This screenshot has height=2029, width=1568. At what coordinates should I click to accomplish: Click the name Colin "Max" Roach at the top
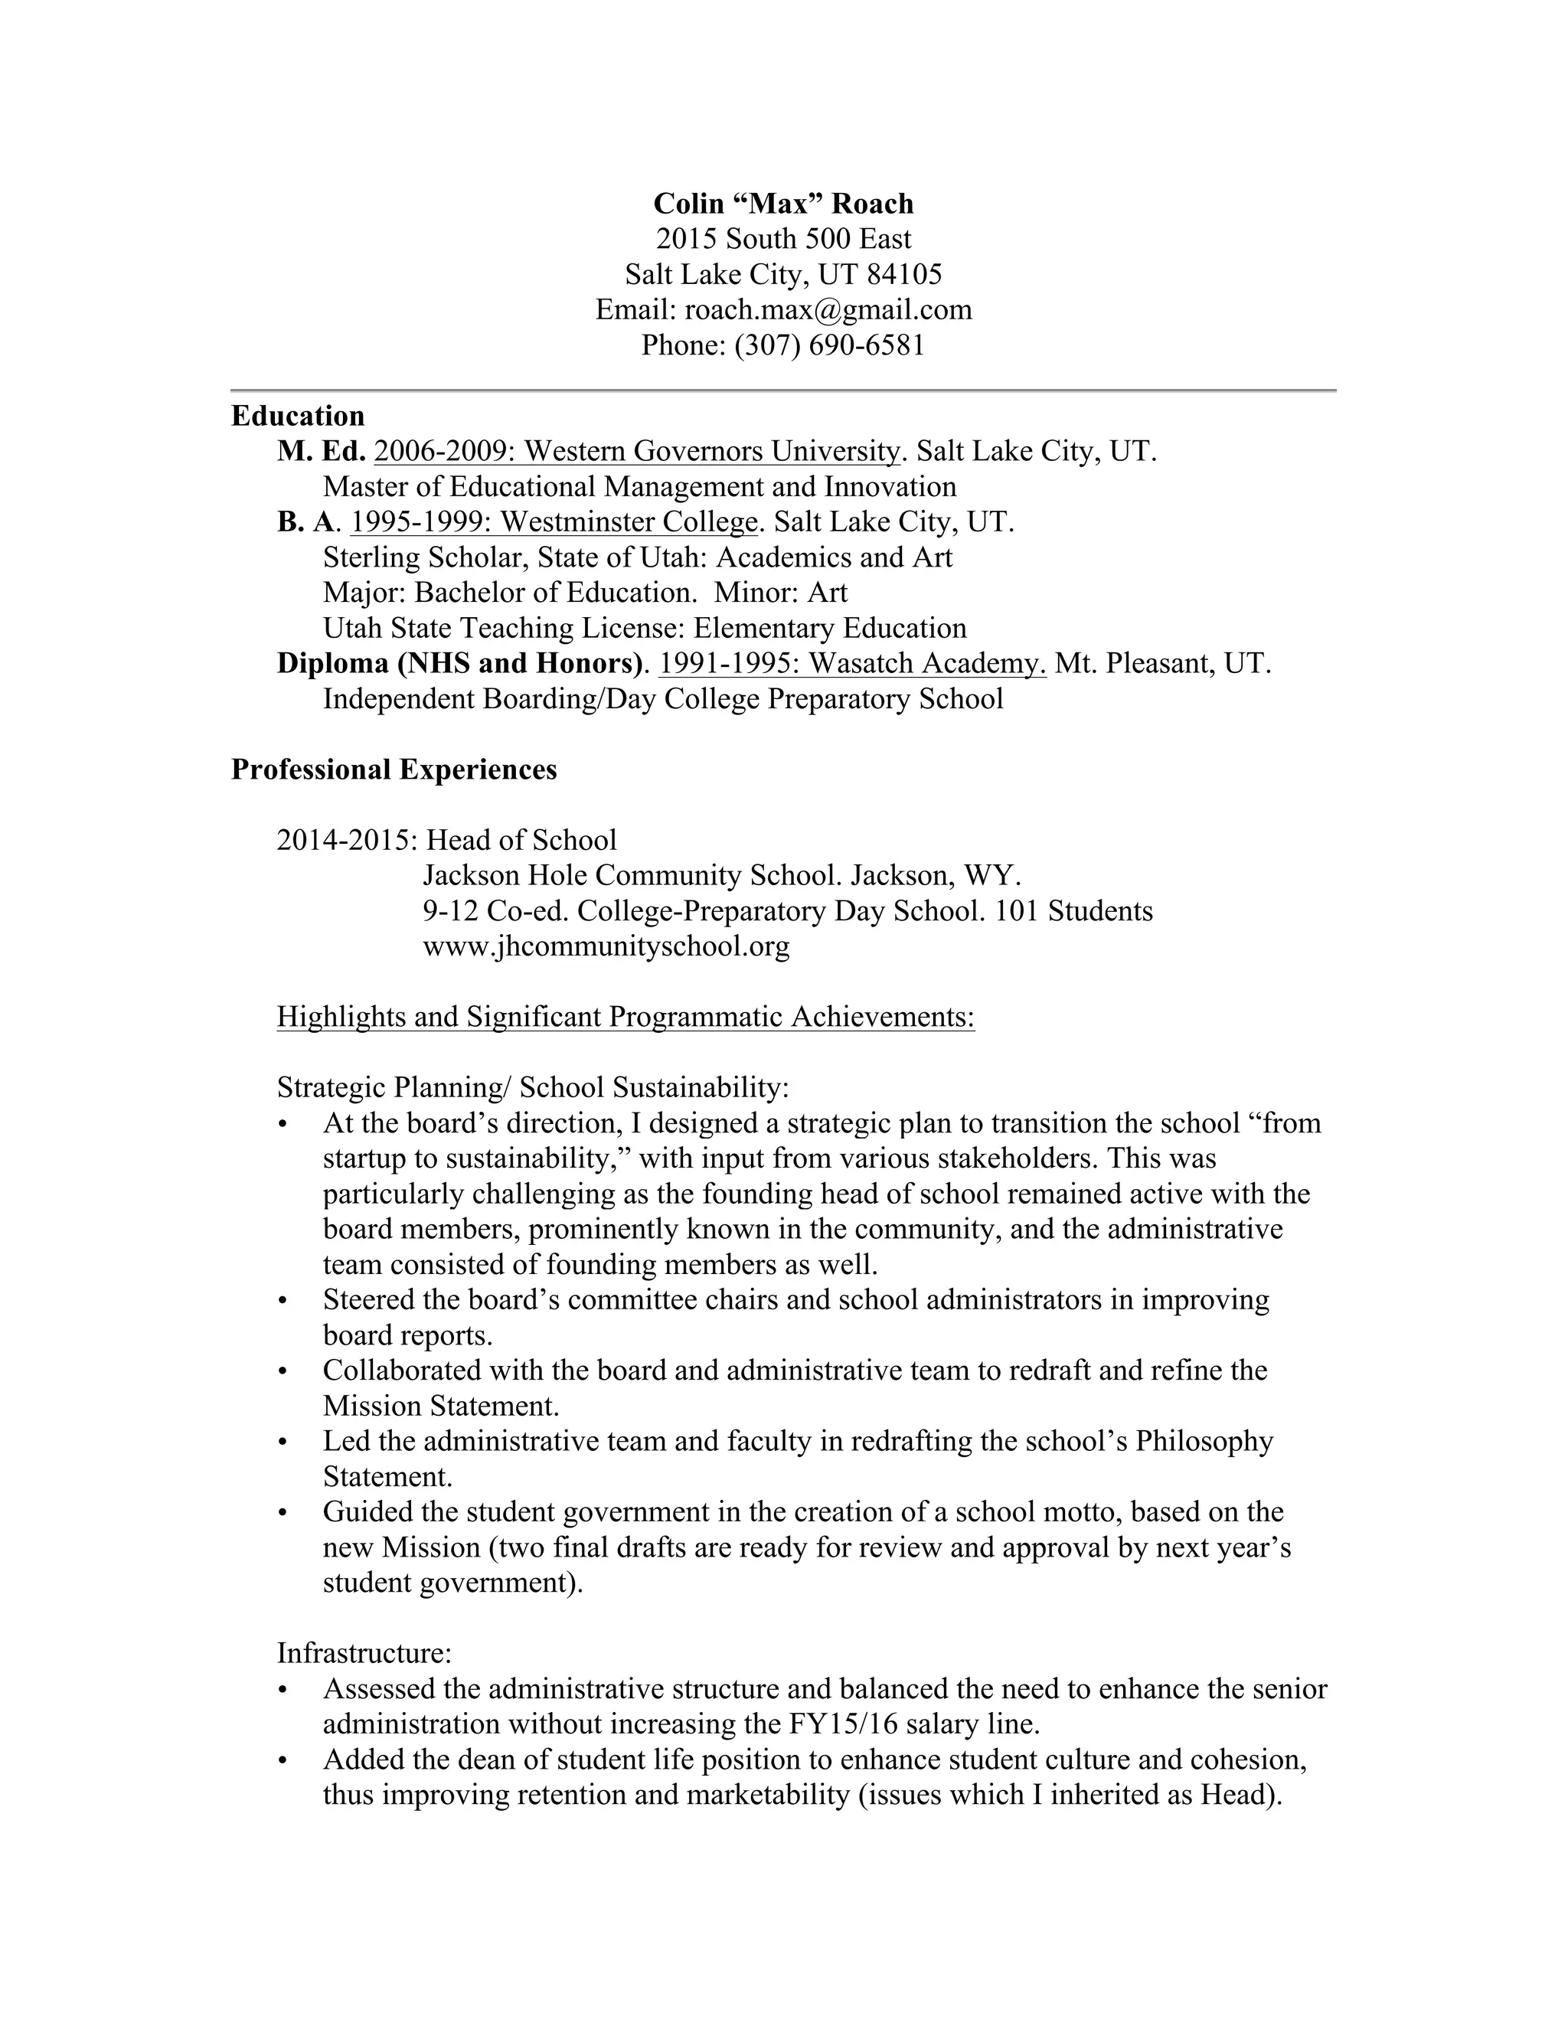pyautogui.click(x=783, y=204)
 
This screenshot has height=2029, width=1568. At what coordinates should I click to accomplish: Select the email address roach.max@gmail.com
pyautogui.click(x=828, y=309)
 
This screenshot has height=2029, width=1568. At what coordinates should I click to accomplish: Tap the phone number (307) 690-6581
pyautogui.click(x=829, y=345)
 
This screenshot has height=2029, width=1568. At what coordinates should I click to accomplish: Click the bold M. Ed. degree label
pyautogui.click(x=322, y=452)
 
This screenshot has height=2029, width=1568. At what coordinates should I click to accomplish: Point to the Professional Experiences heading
pyautogui.click(x=394, y=769)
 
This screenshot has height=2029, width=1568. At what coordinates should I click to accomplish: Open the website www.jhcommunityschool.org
pyautogui.click(x=606, y=946)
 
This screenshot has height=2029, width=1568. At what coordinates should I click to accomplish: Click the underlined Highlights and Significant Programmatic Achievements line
pyautogui.click(x=626, y=1018)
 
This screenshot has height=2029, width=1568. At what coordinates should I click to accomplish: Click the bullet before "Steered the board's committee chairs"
pyautogui.click(x=283, y=1301)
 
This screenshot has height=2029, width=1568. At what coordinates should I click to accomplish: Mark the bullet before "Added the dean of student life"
pyautogui.click(x=283, y=1760)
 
